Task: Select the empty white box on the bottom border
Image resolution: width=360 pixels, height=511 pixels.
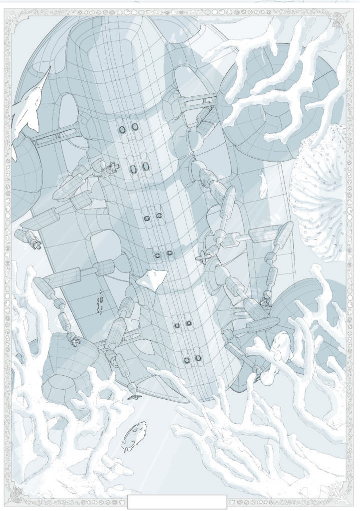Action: coord(177,502)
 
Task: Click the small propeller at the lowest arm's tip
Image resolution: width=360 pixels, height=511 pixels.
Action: coord(134,394)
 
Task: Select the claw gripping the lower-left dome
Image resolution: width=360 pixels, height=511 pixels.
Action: coord(74,341)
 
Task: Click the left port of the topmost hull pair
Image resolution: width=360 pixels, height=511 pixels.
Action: coord(122,129)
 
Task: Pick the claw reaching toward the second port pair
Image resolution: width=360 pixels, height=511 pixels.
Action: coord(111,167)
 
